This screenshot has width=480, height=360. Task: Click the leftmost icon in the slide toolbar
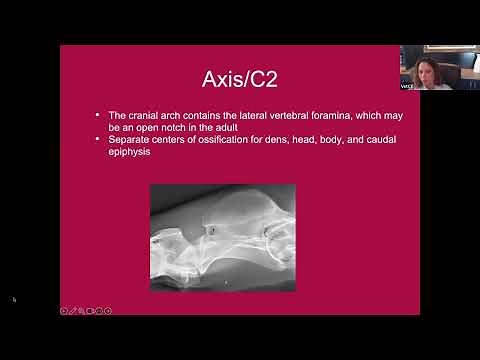[64, 310]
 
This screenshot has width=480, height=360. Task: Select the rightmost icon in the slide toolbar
[108, 310]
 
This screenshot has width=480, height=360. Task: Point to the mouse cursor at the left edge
[15, 299]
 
